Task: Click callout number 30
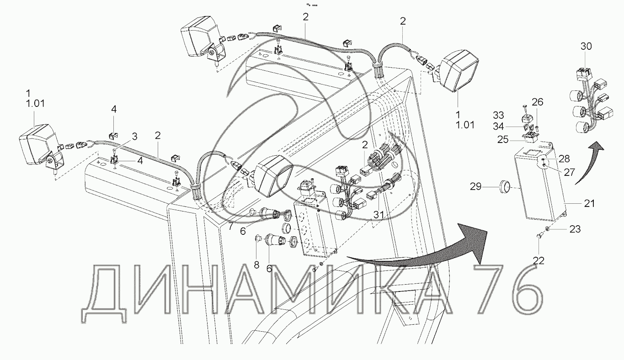(x=586, y=46)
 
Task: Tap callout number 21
(x=589, y=203)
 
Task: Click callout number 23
(x=574, y=229)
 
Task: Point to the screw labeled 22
(x=539, y=235)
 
